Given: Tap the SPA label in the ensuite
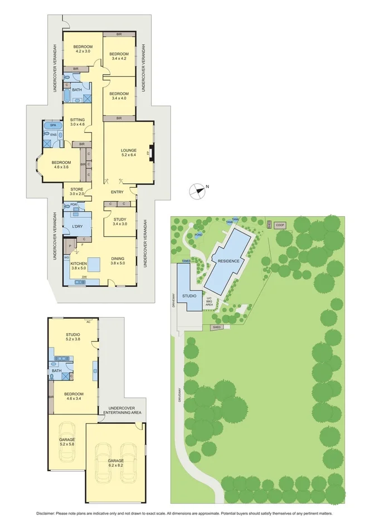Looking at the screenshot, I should pyautogui.click(x=53, y=126).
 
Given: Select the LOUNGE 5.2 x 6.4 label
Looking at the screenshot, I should pyautogui.click(x=129, y=153).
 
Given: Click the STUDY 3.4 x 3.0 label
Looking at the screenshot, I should pyautogui.click(x=120, y=221).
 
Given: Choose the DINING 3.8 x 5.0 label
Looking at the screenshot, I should pyautogui.click(x=118, y=260).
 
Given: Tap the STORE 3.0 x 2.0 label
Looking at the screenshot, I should pyautogui.click(x=77, y=192).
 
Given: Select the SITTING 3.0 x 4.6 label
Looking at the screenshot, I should pyautogui.click(x=77, y=122).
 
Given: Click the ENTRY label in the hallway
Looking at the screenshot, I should pyautogui.click(x=116, y=192).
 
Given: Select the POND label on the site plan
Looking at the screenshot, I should pyautogui.click(x=199, y=234).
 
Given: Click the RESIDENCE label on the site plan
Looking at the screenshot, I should pyautogui.click(x=229, y=261).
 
